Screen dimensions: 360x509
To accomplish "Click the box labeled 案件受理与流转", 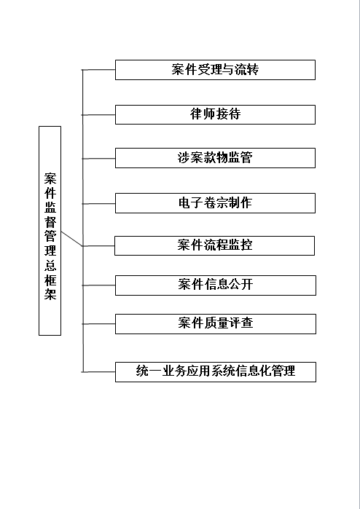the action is click(215, 70).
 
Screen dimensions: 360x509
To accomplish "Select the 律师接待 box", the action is click(215, 114).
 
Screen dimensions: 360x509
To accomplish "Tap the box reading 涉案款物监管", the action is click(215, 158).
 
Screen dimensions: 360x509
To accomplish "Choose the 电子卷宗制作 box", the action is click(215, 203).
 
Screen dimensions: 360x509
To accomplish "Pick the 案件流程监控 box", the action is click(214, 245).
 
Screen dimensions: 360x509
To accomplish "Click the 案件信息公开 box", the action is click(216, 285).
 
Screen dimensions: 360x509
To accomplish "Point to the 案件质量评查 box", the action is click(216, 324).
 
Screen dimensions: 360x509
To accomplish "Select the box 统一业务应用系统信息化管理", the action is click(216, 372).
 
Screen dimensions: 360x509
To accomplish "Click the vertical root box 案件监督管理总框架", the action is click(50, 231).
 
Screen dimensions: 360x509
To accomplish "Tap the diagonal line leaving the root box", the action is click(71, 239).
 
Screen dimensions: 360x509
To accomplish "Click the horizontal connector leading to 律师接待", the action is click(98, 115).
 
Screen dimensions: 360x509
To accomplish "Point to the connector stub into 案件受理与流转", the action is click(98, 70).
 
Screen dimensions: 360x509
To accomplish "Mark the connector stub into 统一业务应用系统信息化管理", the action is click(98, 372).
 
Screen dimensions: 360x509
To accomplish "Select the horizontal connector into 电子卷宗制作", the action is click(98, 204).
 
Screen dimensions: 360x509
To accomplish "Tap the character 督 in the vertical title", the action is click(50, 221).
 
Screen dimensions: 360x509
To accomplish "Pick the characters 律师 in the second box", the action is click(203, 114).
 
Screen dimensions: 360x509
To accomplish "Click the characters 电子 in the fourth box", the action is click(191, 203).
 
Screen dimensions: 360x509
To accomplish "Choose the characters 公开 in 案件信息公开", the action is click(240, 285).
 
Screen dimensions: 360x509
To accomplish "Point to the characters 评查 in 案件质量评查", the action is click(240, 323).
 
